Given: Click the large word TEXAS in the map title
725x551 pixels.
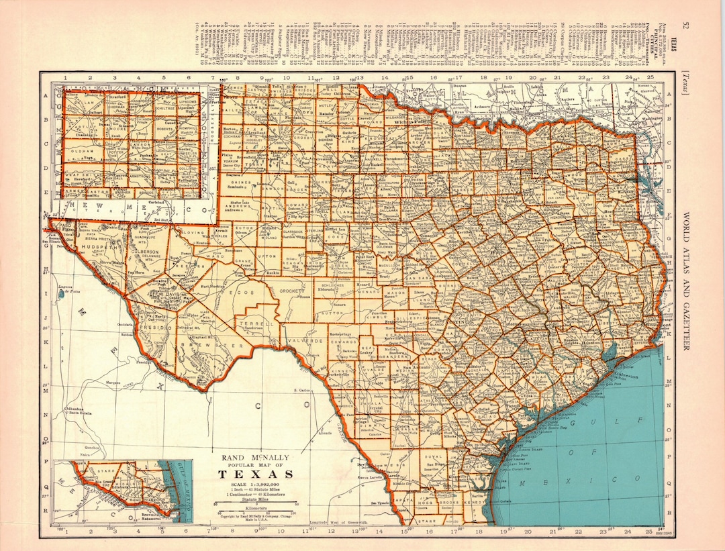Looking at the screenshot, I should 255,474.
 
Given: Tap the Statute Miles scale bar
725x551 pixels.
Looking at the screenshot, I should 255,504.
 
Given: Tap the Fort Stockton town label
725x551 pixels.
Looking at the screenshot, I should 212,287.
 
